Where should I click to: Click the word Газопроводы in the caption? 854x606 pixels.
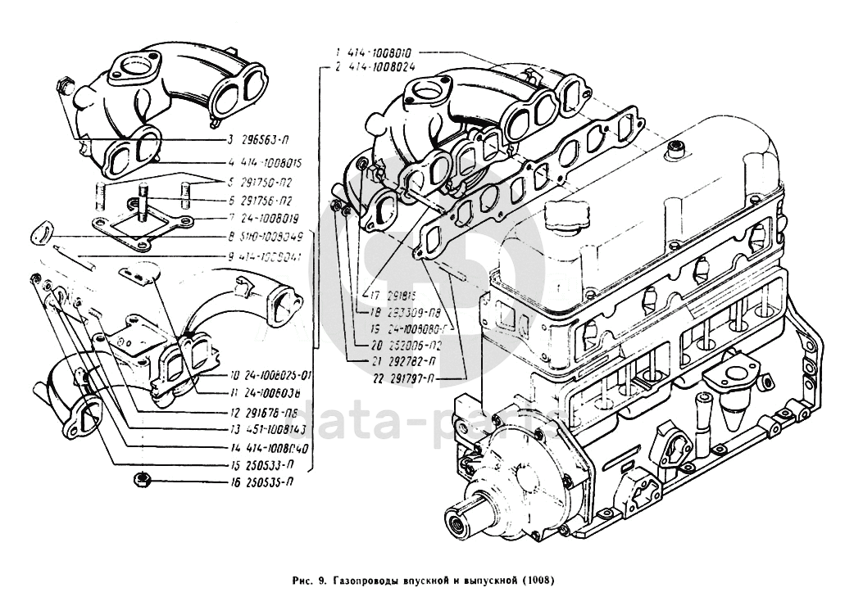coord(365,582)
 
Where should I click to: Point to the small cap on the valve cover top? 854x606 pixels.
coord(677,148)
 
